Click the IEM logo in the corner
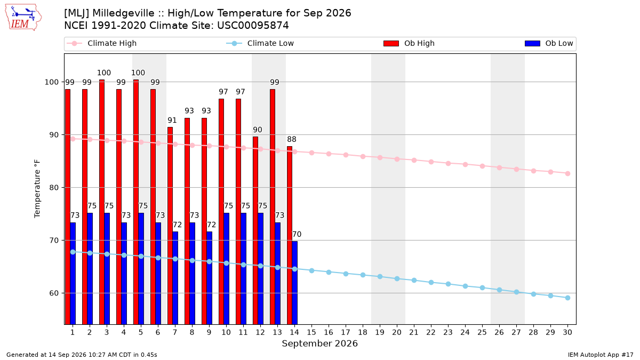click(x=23, y=18)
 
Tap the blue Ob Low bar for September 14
click(x=294, y=283)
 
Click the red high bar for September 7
click(x=170, y=226)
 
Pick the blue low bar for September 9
click(x=209, y=278)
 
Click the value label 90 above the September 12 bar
click(x=258, y=130)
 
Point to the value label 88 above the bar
click(x=291, y=139)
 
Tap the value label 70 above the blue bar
click(x=297, y=234)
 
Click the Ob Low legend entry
click(x=549, y=43)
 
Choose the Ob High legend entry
click(x=409, y=43)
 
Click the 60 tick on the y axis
click(x=54, y=293)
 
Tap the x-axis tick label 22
click(x=431, y=332)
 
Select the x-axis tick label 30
click(x=567, y=332)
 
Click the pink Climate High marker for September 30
click(x=567, y=173)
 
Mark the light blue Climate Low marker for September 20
click(x=397, y=278)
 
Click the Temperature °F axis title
click(x=37, y=189)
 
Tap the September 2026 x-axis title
click(x=319, y=343)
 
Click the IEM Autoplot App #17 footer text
click(x=601, y=355)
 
